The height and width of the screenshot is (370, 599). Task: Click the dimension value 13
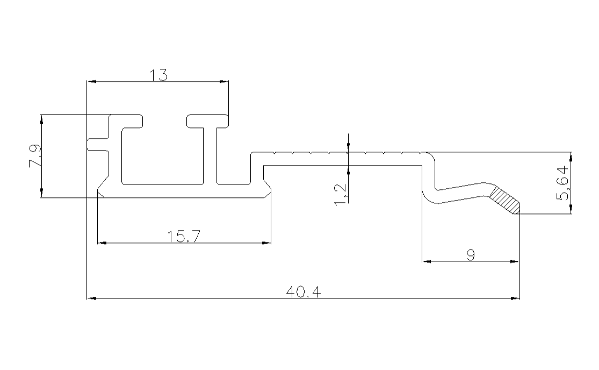(159, 75)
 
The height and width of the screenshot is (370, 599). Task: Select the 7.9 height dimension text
(34, 156)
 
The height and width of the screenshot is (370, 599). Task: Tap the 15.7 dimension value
(184, 237)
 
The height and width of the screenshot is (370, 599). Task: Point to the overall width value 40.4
(304, 292)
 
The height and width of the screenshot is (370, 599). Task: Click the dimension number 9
(471, 255)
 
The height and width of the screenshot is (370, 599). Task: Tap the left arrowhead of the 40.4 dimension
(91, 297)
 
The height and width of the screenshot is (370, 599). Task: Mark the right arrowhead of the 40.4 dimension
(516, 297)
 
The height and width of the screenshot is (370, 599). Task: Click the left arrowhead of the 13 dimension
(91, 82)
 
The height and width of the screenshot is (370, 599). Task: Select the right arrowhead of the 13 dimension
(224, 82)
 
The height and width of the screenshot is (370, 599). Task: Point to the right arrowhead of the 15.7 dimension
(266, 243)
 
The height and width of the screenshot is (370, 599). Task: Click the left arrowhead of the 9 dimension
(428, 262)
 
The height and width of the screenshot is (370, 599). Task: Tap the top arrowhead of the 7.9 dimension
(41, 118)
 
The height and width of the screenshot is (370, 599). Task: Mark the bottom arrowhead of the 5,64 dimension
(571, 210)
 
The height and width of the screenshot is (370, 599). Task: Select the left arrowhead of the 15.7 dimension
(101, 243)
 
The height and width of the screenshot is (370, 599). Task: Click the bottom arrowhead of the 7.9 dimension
(41, 194)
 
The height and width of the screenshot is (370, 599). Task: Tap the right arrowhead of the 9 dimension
(515, 262)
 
